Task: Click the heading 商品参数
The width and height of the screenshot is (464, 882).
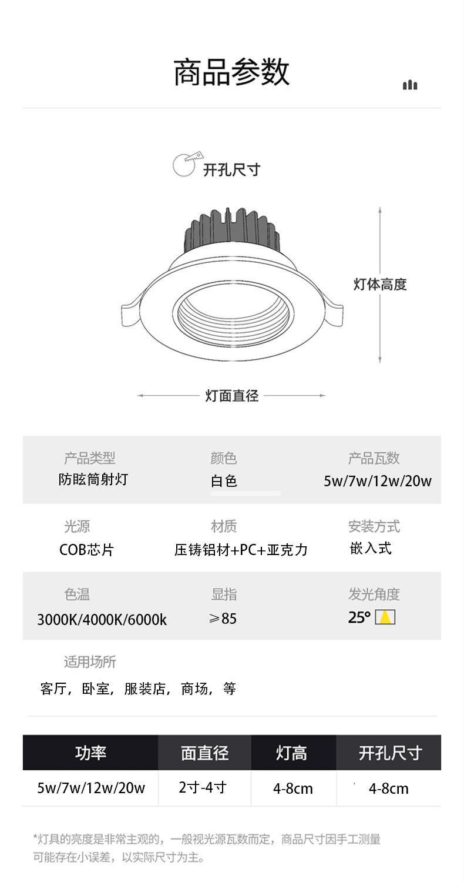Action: pyautogui.click(x=231, y=73)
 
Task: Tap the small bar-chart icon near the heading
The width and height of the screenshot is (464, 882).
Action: pyautogui.click(x=410, y=85)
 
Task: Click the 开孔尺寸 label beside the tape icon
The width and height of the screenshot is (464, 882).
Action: pyautogui.click(x=231, y=170)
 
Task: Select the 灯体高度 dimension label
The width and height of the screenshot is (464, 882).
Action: pyautogui.click(x=380, y=285)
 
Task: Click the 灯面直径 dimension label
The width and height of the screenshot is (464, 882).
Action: pyautogui.click(x=232, y=396)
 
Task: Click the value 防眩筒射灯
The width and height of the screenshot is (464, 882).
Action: pyautogui.click(x=93, y=480)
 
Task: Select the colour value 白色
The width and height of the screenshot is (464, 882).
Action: pyautogui.click(x=224, y=481)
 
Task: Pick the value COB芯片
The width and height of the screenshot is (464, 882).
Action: pyautogui.click(x=86, y=550)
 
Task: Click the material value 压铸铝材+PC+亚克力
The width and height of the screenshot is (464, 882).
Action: pyautogui.click(x=241, y=550)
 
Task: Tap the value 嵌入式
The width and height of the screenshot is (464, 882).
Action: pyautogui.click(x=370, y=549)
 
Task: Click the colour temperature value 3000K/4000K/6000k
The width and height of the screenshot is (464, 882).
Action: pyautogui.click(x=102, y=619)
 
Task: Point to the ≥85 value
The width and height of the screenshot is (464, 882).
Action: pyautogui.click(x=223, y=619)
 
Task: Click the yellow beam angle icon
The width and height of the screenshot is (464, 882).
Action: pyautogui.click(x=385, y=617)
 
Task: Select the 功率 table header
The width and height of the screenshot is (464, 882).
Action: pyautogui.click(x=90, y=753)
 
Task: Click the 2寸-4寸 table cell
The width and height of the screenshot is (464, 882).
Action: pyautogui.click(x=203, y=787)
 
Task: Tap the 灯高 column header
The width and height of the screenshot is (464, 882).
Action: pyautogui.click(x=292, y=753)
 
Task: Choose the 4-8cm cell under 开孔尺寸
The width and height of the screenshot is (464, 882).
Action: pyautogui.click(x=388, y=789)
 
